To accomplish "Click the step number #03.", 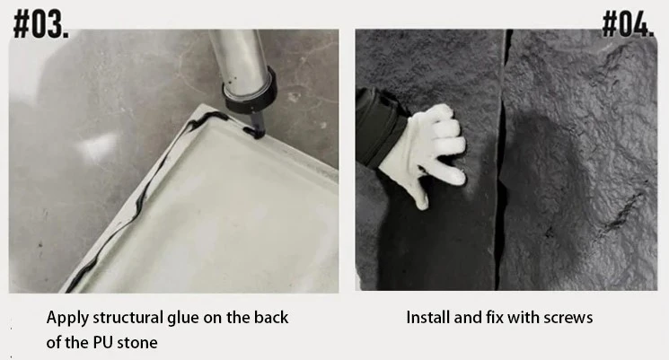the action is (x=41, y=26).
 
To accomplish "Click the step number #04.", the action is (x=628, y=25).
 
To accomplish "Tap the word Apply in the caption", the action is (x=68, y=318).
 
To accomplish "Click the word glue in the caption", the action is (x=183, y=319).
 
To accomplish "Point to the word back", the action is (x=271, y=317).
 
